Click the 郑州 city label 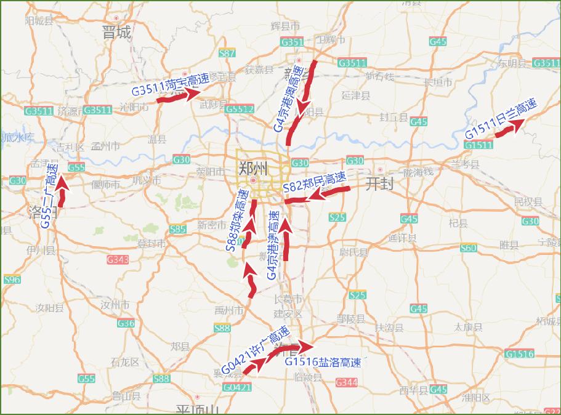(253, 167)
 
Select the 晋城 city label (116, 33)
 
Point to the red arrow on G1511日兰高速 (509, 127)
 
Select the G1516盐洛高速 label (322, 362)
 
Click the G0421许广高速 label (254, 350)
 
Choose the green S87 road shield (227, 53)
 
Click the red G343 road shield (118, 260)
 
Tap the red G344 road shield (346, 382)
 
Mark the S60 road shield (468, 248)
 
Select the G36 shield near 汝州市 (126, 323)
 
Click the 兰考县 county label (465, 164)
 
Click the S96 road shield (12, 280)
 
